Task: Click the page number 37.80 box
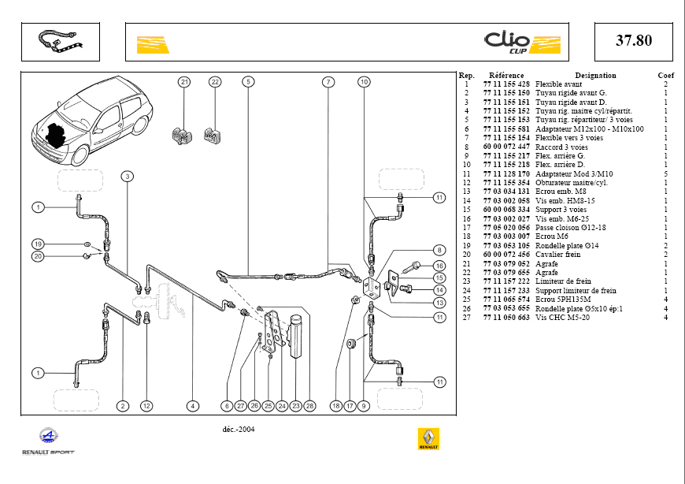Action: pos(633,41)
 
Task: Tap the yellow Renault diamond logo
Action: pos(428,439)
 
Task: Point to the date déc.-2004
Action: pos(239,430)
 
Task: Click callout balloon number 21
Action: pos(184,81)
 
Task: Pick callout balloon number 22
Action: pos(215,81)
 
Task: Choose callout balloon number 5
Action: pos(247,81)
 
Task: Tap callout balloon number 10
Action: pos(364,81)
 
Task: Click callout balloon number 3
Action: pos(127,176)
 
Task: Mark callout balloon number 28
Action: pos(310,406)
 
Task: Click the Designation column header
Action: pos(595,76)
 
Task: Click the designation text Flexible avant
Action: pos(559,84)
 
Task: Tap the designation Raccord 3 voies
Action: pos(561,147)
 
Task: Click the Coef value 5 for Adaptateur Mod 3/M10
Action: pos(665,173)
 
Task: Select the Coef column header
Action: pos(666,76)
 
